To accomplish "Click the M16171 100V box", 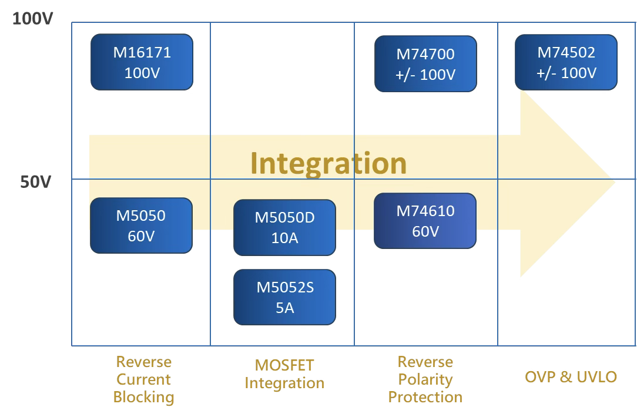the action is coord(142,62).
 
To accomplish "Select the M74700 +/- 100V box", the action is coord(425,64).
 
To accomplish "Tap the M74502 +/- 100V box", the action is coord(566,62).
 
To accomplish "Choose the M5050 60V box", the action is coord(141,225).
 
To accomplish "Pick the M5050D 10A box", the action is coord(284,227).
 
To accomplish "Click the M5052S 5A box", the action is coord(284,297).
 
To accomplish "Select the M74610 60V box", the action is coord(425,221).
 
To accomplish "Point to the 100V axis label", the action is coord(32,19).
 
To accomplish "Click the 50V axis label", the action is coord(36,182).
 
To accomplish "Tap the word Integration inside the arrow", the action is coord(328,163).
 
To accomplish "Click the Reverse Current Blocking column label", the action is coord(144,379).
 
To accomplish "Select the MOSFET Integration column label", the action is coord(284,374).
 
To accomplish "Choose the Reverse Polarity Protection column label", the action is coord(425,379).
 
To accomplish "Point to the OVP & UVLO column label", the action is coord(571,376).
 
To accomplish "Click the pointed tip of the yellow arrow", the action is coord(615,182).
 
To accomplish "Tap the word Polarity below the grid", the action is coord(425,379).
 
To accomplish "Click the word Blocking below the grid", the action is coord(144,397).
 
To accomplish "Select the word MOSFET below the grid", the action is coord(284,365).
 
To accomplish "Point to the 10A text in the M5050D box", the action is coord(284,238).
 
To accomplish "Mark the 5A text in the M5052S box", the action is coord(284,308).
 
